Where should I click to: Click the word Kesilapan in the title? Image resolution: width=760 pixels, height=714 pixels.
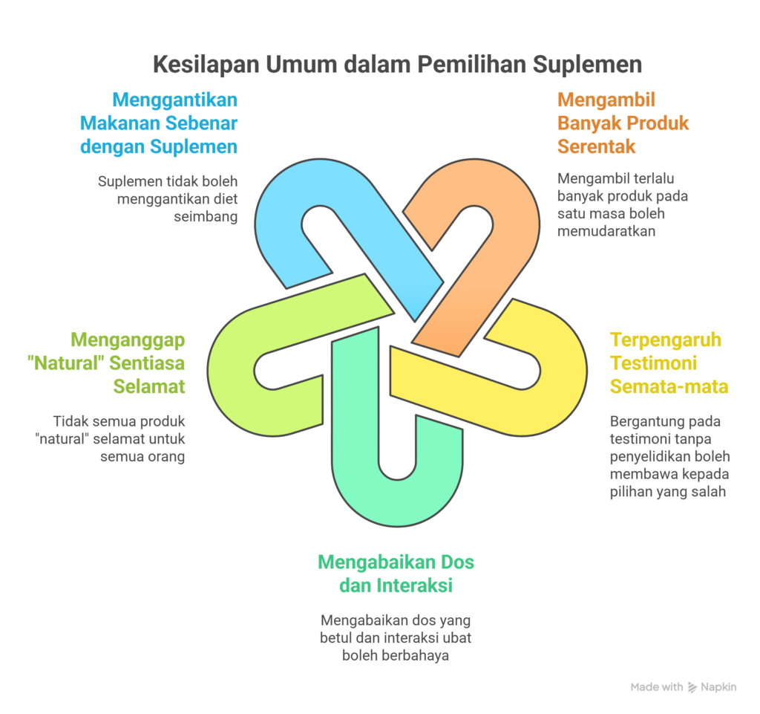click(206, 65)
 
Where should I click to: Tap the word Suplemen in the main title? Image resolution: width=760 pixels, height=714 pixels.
click(588, 65)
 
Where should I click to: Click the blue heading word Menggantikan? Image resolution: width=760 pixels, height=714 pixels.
click(175, 100)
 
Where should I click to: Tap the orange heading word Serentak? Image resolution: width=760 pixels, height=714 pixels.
click(596, 146)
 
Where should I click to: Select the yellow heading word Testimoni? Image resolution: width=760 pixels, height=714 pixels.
click(653, 363)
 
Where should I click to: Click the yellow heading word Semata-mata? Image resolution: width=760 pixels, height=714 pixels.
click(669, 386)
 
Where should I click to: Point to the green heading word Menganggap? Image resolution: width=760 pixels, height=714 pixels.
click(128, 340)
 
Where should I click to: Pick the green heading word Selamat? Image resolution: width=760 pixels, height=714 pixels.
click(149, 386)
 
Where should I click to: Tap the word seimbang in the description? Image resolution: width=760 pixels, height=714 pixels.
click(206, 217)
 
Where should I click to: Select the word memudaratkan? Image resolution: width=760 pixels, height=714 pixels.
click(606, 231)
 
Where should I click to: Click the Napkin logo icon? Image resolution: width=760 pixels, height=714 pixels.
click(692, 687)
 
